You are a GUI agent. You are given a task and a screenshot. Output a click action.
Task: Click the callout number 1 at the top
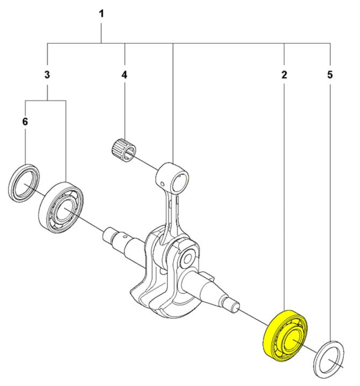pos(101,14)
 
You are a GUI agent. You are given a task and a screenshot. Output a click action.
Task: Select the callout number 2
pos(284,75)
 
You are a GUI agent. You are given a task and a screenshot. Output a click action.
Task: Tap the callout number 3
pos(47,75)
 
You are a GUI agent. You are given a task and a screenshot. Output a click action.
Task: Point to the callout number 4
pos(124,75)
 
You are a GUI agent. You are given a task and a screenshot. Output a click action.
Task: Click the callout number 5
pos(330,75)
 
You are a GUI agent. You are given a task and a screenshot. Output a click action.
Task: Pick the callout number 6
pos(25,122)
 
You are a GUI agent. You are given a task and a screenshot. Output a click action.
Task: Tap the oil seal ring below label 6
pos(23,183)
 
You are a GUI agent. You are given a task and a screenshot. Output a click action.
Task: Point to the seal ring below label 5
pos(329,358)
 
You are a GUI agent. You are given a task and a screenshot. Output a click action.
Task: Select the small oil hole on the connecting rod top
pos(162,184)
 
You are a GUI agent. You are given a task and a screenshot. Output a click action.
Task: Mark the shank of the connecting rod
pos(169,215)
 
